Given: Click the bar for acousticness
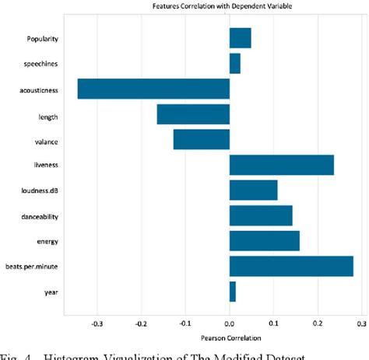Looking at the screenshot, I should [153, 89].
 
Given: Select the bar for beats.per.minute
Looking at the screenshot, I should [291, 266].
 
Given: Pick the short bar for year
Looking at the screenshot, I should [232, 292].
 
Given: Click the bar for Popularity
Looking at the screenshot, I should [240, 38].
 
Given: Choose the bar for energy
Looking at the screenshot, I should [264, 241].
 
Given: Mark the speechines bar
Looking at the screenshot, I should [234, 63].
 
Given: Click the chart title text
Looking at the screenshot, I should [229, 5].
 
